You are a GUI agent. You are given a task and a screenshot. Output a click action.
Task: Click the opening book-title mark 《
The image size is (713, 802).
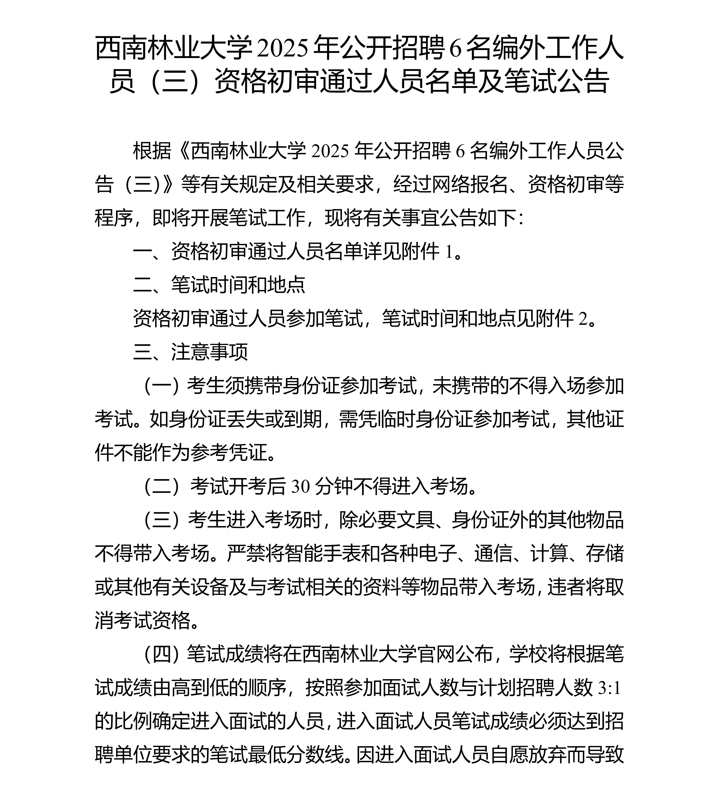(x=182, y=151)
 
